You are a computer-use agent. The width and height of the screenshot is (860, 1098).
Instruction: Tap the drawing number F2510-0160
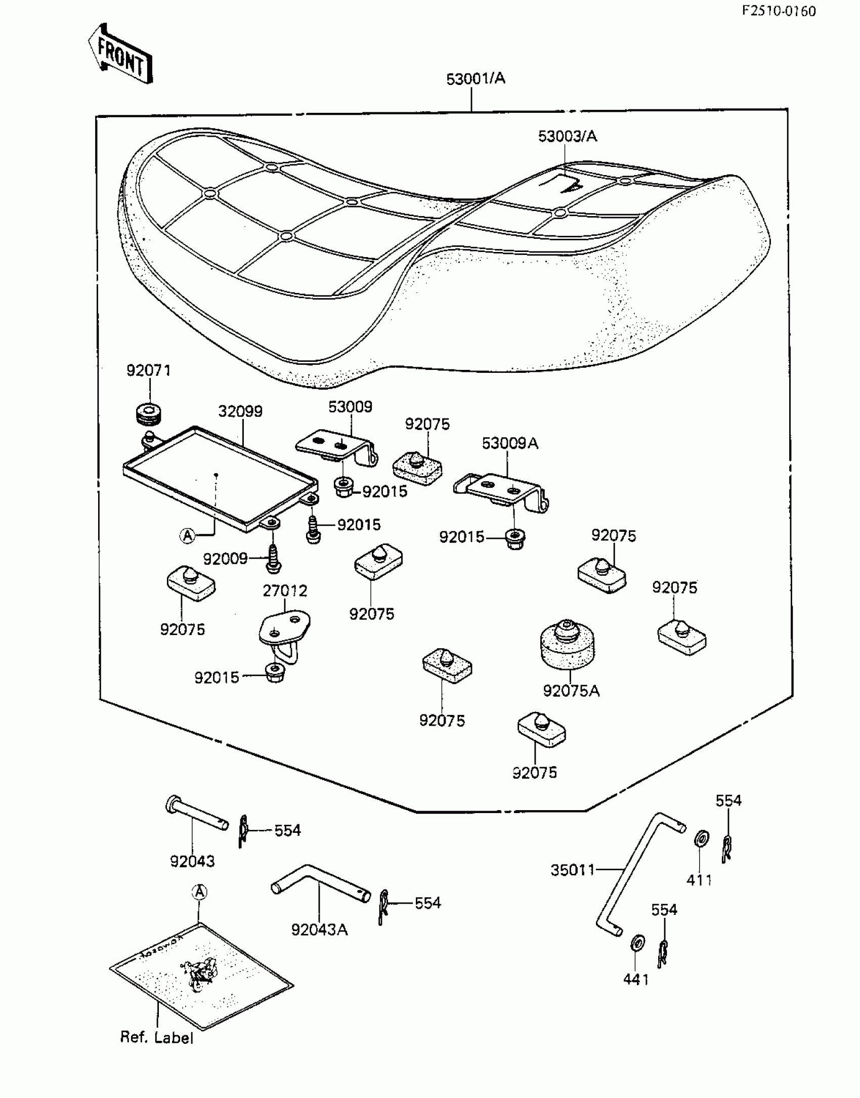779,11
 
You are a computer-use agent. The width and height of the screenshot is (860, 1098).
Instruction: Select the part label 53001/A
476,79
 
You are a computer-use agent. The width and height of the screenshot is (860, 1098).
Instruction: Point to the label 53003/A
567,136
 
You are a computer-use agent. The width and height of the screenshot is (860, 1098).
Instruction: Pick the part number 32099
240,411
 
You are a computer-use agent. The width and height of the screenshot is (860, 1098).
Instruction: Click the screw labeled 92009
273,559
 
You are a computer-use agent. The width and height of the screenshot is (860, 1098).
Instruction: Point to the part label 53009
350,407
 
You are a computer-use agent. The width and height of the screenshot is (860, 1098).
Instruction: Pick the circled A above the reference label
200,892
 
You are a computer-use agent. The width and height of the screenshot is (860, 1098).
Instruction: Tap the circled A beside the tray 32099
188,535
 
